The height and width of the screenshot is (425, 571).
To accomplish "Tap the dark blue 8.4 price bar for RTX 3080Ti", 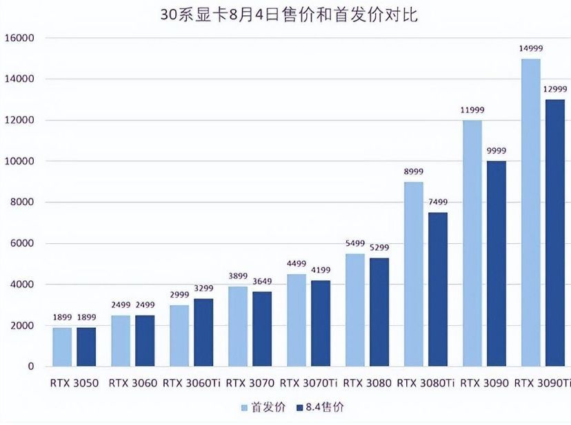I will [x=438, y=289].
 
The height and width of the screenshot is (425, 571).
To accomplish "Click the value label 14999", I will [x=531, y=48].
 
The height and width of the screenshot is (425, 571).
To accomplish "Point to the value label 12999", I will [x=555, y=90].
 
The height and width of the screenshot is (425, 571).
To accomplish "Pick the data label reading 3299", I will [x=204, y=289].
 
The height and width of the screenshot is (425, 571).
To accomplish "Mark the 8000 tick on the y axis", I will [x=21, y=203].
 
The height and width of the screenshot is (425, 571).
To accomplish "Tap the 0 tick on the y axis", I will [x=30, y=366].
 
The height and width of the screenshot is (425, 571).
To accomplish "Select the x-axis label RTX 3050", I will [x=74, y=383].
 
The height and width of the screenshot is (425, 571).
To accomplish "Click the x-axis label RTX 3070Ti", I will [x=308, y=383].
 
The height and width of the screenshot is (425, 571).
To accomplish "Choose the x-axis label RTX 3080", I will [x=367, y=383].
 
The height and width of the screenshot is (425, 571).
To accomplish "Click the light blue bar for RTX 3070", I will [x=238, y=326].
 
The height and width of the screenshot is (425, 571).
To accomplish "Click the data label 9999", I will [x=497, y=151].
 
